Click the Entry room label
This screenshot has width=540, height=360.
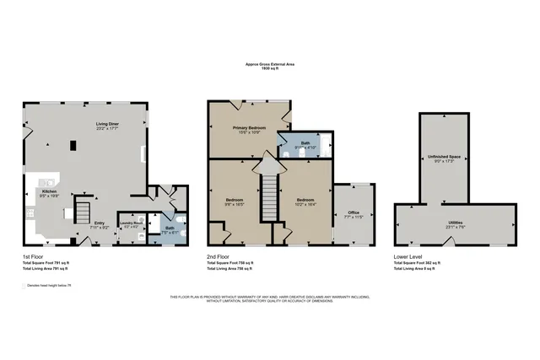[100, 224]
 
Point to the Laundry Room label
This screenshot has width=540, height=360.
[132, 224]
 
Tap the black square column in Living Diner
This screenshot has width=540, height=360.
[73, 144]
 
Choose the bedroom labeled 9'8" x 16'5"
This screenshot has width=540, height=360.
[233, 202]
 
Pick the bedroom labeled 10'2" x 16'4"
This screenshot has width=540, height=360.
[305, 202]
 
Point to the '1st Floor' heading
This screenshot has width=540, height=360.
[34, 255]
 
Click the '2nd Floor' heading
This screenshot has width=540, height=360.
[219, 255]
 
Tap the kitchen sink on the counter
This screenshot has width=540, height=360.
[50, 181]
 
